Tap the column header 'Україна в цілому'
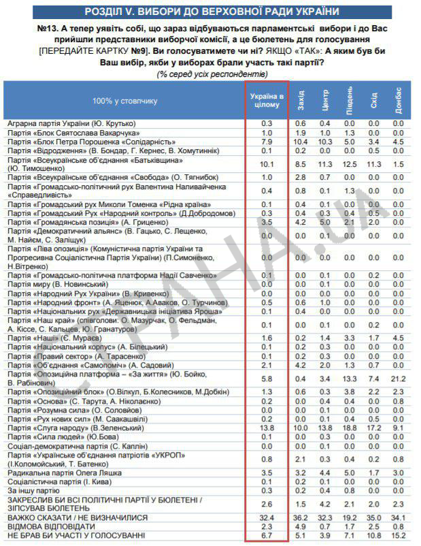click(267, 100)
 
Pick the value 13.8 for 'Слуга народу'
click(267, 427)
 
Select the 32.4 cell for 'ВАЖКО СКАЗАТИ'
click(267, 518)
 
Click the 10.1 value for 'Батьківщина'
click(267, 163)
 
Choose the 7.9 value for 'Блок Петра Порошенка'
click(267, 141)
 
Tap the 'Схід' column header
click(373, 101)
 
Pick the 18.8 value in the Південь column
click(350, 427)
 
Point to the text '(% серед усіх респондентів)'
click(212, 74)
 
